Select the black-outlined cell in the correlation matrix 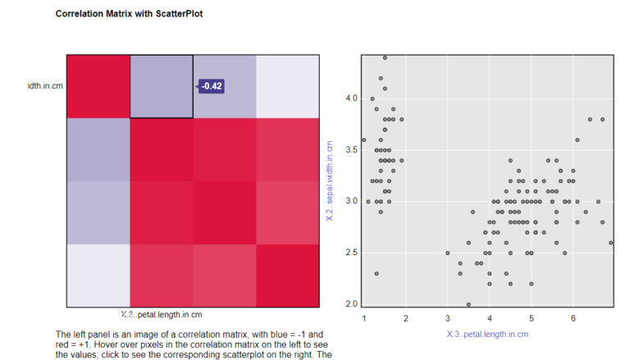161,87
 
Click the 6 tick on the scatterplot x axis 573,318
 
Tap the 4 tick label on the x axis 490,318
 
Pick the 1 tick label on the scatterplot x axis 364,318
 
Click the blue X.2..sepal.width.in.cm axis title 330,180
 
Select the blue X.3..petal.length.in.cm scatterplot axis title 487,334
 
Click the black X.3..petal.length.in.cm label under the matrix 161,314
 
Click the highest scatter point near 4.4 385,57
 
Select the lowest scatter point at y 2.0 468,304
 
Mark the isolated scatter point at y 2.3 377,273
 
